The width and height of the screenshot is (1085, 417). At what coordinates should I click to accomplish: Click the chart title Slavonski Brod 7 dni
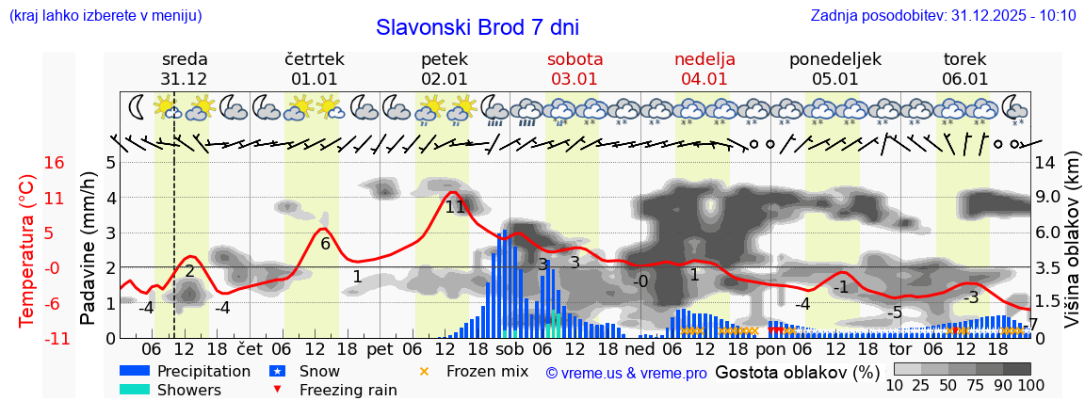478,27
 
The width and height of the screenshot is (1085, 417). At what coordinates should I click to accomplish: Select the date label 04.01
704,79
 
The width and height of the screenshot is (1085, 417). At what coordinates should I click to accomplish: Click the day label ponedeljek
835,59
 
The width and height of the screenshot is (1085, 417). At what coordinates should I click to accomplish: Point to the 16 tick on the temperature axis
55,163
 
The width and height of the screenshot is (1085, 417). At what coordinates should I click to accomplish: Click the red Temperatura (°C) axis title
26,250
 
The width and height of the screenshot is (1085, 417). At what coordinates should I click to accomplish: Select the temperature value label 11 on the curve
455,207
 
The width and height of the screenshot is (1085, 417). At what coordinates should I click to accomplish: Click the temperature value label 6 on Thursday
325,244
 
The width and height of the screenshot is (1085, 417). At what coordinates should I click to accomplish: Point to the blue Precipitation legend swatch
135,371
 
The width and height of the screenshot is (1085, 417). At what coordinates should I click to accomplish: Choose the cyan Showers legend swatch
135,390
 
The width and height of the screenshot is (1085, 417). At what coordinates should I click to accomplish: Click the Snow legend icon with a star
277,371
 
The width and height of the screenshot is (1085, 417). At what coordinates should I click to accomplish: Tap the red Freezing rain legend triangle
277,390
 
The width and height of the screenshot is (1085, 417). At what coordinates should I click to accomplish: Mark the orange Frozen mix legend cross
424,371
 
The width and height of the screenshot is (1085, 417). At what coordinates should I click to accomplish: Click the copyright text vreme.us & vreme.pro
626,374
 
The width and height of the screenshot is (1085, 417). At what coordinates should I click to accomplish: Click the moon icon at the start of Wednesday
138,106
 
